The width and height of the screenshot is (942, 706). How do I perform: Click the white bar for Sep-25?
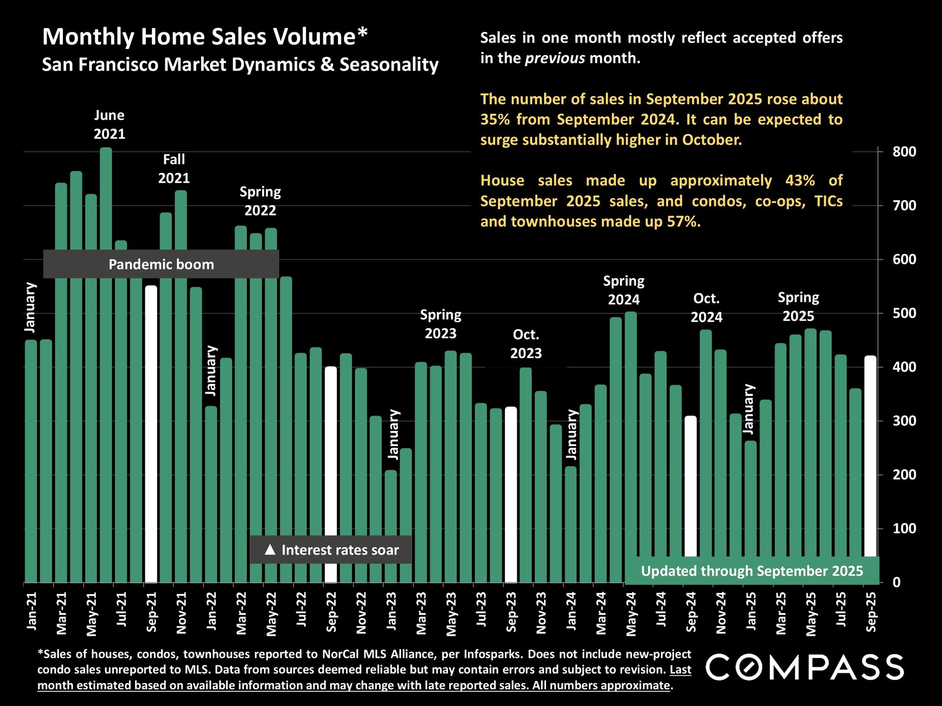click(x=870, y=456)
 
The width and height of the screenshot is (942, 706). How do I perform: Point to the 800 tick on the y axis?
click(x=904, y=152)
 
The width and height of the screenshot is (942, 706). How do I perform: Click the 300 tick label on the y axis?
click(x=904, y=421)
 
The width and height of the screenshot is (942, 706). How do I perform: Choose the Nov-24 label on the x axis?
click(x=721, y=613)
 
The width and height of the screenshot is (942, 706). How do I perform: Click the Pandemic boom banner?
click(x=161, y=264)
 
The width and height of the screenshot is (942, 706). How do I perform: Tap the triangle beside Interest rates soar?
click(x=270, y=550)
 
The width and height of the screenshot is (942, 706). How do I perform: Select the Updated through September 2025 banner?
click(x=752, y=571)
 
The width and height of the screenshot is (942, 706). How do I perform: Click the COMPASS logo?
click(x=805, y=667)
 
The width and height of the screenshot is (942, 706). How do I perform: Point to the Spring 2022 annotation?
click(x=260, y=201)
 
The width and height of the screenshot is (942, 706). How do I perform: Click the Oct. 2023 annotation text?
click(x=526, y=344)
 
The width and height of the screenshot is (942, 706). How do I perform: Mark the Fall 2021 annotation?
click(x=174, y=169)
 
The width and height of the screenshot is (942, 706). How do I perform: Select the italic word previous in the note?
click(x=555, y=58)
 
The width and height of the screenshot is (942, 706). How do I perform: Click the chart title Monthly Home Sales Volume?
click(x=205, y=37)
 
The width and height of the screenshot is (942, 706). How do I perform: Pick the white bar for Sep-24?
click(x=690, y=485)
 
